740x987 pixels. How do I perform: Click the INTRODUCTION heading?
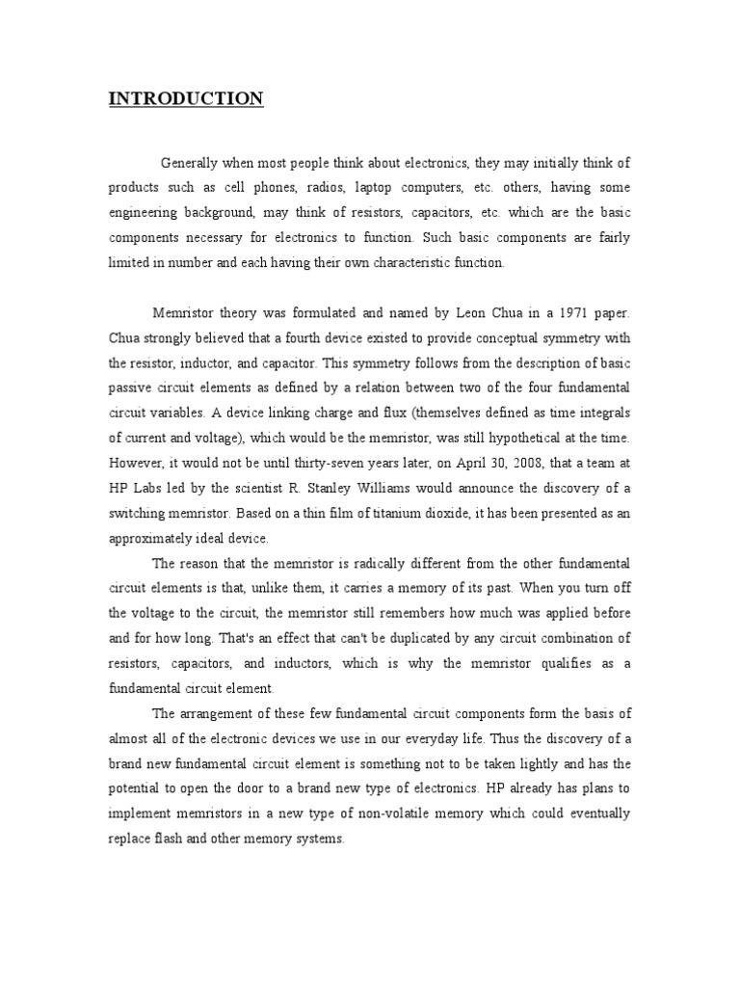tap(185, 98)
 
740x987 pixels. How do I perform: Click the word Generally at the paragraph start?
tap(193, 163)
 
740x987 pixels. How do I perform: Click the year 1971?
tap(556, 312)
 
